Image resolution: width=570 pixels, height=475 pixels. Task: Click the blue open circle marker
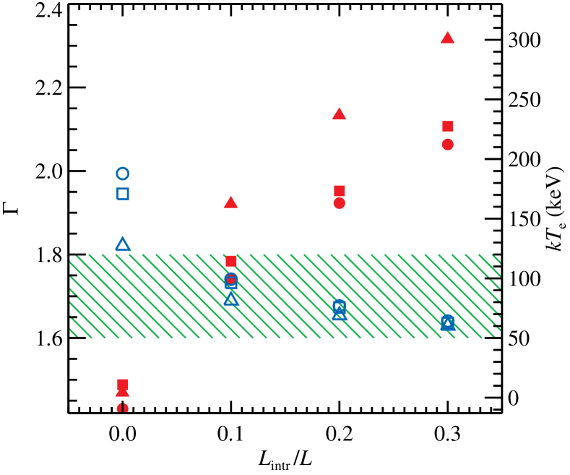123,174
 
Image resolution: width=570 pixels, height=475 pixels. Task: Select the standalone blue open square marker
123,194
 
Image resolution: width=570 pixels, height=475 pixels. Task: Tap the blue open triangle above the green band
123,244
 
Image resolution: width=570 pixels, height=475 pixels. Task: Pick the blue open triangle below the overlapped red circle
231,299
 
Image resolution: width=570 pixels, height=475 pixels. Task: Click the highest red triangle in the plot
447,38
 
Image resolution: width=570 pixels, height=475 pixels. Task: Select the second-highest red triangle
339,114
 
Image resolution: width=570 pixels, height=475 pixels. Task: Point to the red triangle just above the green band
231,202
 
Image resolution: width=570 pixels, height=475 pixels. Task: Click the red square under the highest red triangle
448,127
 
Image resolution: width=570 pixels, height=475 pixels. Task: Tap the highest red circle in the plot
448,145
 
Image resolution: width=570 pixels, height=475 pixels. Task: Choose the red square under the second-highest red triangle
340,190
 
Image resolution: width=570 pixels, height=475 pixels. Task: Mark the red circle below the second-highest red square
340,203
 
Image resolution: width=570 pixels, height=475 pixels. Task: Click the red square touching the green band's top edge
231,261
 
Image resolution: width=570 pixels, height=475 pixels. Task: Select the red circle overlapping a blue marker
231,278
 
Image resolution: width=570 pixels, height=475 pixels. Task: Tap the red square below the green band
123,383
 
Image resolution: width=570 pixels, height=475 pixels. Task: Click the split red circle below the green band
123,408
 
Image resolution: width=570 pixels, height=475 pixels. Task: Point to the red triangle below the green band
123,393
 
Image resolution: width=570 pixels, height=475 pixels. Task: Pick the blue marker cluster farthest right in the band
448,322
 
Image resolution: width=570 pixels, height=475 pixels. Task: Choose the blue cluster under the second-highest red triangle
340,309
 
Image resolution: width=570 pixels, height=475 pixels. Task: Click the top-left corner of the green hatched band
70,254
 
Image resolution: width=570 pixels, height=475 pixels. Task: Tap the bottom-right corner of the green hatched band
500,337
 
